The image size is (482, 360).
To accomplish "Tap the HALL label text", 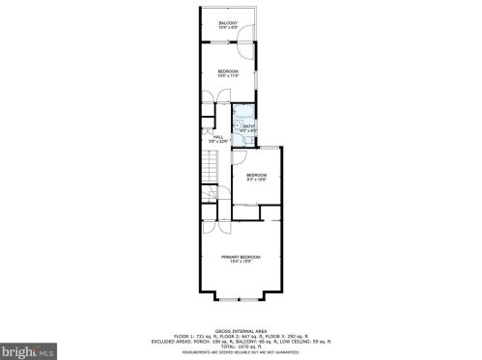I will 217,136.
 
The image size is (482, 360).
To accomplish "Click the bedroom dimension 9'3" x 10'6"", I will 255,179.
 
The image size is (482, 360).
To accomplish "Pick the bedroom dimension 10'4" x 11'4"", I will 228,75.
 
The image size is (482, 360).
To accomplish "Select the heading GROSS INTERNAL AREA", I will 240,330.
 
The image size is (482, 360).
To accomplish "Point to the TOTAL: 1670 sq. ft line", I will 241,346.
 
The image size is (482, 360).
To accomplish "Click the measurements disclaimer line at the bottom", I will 241,351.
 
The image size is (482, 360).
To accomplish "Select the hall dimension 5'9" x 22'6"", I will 217,141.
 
